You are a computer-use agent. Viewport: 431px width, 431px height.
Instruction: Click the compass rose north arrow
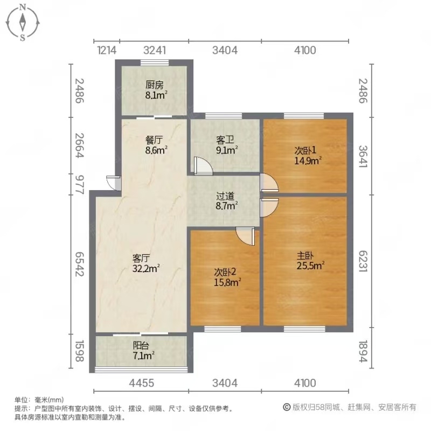23,22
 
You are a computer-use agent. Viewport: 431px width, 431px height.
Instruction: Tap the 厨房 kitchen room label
155,85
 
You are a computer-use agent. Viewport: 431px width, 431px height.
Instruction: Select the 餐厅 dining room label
154,140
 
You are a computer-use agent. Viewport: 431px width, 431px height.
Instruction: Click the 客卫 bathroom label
225,140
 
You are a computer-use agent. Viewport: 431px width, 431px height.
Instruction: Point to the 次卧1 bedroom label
305,150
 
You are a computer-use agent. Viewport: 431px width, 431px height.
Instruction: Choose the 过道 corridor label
225,196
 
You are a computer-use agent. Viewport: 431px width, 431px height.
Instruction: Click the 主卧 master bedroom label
305,256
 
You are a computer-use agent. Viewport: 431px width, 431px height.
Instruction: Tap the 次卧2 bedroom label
225,272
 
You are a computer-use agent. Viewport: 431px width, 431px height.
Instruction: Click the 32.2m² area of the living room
145,268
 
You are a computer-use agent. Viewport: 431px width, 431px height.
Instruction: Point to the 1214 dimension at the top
107,51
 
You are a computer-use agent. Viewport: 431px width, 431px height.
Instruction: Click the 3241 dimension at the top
155,51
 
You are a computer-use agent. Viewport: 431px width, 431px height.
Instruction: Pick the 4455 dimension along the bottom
142,383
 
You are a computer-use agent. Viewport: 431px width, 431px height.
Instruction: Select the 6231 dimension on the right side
363,261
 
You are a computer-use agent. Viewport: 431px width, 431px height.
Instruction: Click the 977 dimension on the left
79,184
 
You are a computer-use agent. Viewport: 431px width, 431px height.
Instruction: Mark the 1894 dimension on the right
363,351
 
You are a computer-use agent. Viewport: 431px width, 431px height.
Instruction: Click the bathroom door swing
203,166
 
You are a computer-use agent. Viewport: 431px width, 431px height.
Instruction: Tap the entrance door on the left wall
113,183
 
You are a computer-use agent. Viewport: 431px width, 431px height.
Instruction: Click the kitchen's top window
154,62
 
